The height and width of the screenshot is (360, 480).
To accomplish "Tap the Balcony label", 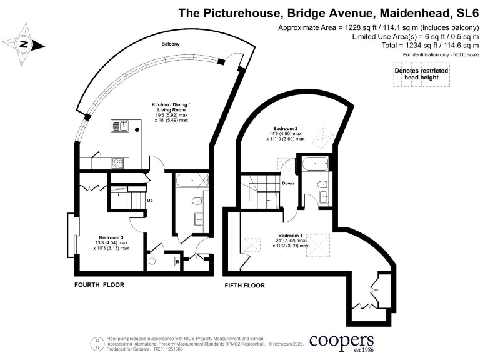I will [x=171, y=44].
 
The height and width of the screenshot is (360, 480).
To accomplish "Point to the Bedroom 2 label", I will [x=286, y=127].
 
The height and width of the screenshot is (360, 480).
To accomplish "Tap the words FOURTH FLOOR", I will [x=99, y=285].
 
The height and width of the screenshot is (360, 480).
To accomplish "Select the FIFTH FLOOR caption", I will [x=244, y=286].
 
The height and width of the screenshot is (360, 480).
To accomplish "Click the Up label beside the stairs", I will [x=150, y=201].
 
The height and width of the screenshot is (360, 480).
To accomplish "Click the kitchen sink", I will [x=119, y=126].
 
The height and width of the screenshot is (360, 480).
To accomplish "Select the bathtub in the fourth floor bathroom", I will [x=191, y=182].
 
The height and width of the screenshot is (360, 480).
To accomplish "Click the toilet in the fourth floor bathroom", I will [x=197, y=201].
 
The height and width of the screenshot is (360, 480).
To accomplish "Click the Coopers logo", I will [x=341, y=342].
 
